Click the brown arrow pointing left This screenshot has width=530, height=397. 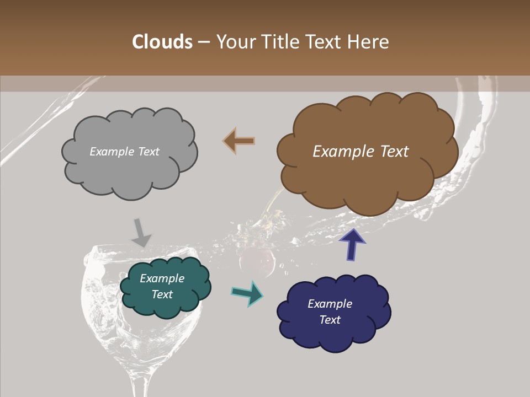[239, 141]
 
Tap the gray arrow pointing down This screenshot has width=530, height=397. [140, 232]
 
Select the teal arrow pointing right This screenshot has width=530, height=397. [248, 293]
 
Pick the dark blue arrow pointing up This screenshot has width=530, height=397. [352, 244]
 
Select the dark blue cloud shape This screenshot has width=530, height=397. [333, 312]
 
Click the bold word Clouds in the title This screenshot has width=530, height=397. [162, 42]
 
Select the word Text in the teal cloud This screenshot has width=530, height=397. [162, 294]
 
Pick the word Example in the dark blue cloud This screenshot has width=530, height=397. [330, 304]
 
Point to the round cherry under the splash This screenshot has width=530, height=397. [258, 260]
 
